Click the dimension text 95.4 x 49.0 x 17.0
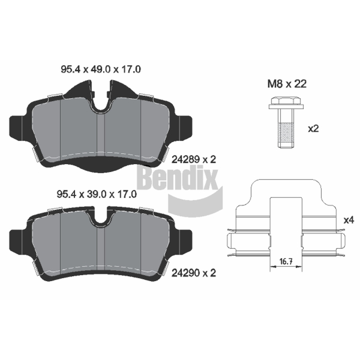pos(101,69)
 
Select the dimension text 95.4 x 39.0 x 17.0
pos(97,194)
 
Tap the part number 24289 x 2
pos(194,159)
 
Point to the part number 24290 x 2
pos(194,273)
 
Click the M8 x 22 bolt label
pos(287,84)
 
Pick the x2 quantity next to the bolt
pos(313,129)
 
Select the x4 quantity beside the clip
pos(349,220)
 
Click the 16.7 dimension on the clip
pos(286,261)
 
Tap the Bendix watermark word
pos(177,178)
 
